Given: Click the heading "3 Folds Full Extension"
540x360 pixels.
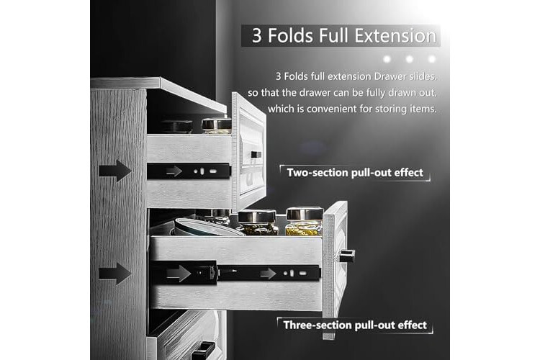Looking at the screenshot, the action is [x=344, y=35].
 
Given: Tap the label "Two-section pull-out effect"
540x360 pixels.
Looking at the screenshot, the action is [x=355, y=172].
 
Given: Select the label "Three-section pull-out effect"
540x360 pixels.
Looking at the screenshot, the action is [x=355, y=325].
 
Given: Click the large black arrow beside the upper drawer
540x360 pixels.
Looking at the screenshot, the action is [x=115, y=171].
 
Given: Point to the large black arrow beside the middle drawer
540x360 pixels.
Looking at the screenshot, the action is [x=115, y=274].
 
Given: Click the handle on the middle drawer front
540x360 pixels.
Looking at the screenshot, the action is [x=347, y=256].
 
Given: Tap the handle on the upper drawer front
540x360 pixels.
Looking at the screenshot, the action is [x=256, y=155].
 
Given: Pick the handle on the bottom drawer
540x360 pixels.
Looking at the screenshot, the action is [x=203, y=351].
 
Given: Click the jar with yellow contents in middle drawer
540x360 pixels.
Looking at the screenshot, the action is [x=304, y=222].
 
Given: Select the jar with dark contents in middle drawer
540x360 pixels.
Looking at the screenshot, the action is [x=257, y=222].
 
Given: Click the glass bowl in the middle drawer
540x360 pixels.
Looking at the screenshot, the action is [x=207, y=227].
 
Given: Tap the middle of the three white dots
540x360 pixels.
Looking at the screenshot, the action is [x=409, y=59].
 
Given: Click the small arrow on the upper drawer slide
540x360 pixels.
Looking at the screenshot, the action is [x=174, y=171].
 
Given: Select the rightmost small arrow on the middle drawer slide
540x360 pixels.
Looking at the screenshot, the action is [x=269, y=274].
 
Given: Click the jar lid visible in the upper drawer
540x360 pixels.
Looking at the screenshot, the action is [x=216, y=123].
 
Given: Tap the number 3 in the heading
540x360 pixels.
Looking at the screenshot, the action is [x=257, y=36].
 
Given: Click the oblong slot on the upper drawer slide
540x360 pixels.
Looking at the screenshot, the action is [x=213, y=171].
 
